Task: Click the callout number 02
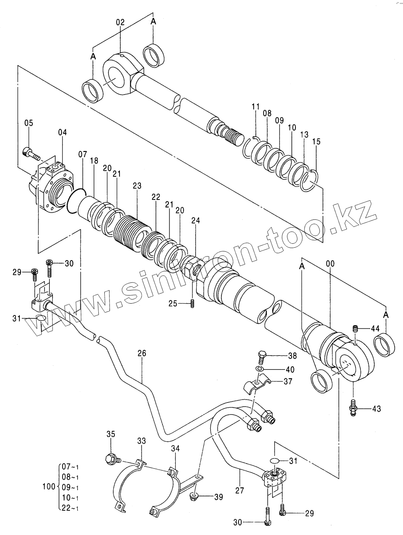(x=120, y=22)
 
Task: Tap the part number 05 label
(x=29, y=123)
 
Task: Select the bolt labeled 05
(x=31, y=154)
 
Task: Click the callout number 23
(x=137, y=186)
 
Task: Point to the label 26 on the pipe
(x=142, y=353)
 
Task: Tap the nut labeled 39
(x=194, y=496)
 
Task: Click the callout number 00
(x=330, y=263)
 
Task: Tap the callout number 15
(x=317, y=142)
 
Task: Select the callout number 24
(x=196, y=220)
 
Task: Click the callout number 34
(x=175, y=448)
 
